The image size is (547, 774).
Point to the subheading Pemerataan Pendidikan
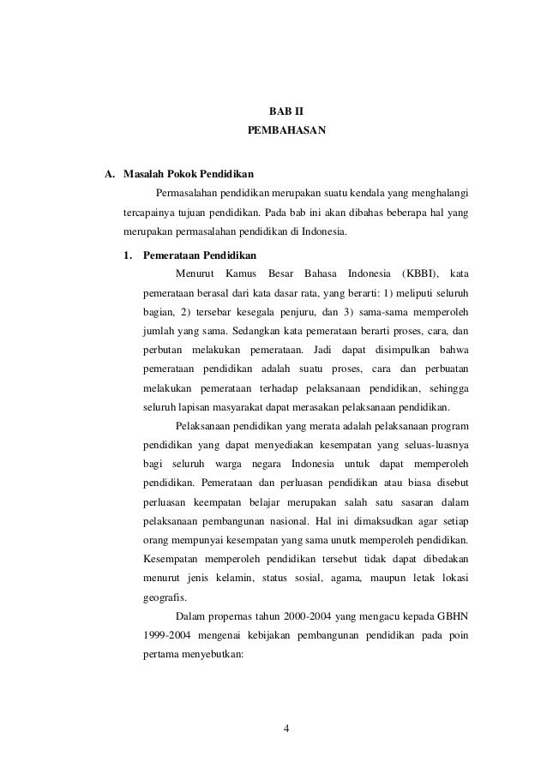[194, 255]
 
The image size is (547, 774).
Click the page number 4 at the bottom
[286, 729]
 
